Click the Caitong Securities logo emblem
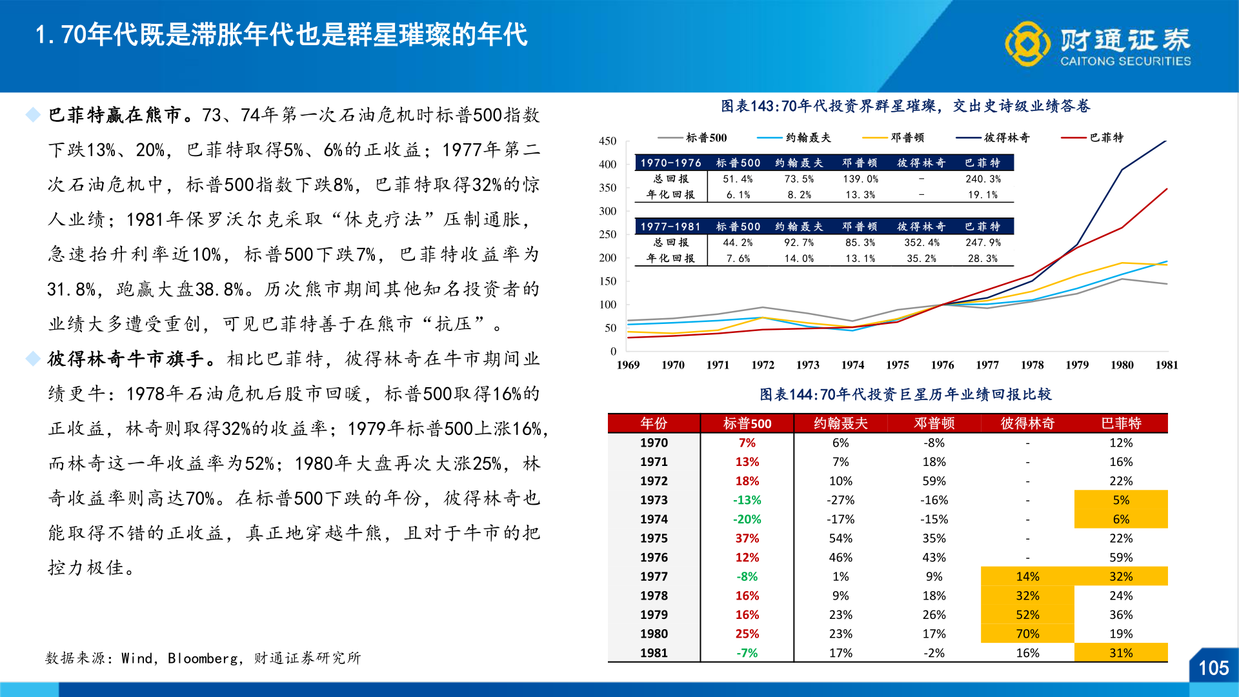click(1027, 43)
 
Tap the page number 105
click(1213, 668)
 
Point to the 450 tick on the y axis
click(607, 141)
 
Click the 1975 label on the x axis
click(897, 365)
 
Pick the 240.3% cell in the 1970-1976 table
click(982, 179)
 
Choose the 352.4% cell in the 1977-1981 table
click(922, 243)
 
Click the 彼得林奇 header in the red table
click(1027, 423)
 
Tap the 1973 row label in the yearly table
click(654, 500)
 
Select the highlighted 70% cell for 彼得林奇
click(1027, 634)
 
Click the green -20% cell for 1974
click(747, 519)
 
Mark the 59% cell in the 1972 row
click(934, 481)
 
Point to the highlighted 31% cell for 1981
click(1121, 653)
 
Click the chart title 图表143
click(905, 106)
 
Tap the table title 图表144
click(905, 394)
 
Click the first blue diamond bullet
click(33, 115)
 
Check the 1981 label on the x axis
click(1167, 365)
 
